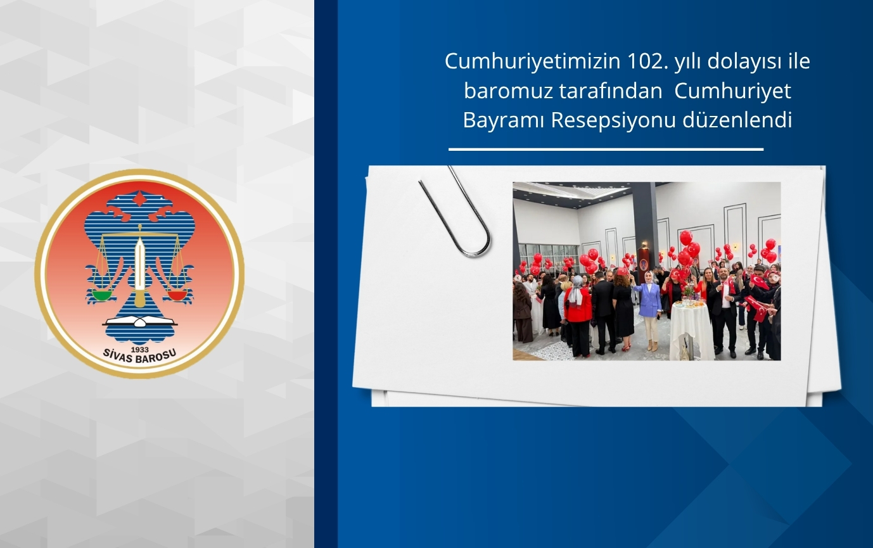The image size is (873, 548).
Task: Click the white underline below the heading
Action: [x=606, y=150]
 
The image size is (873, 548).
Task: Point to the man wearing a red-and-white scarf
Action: [x=723, y=307]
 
